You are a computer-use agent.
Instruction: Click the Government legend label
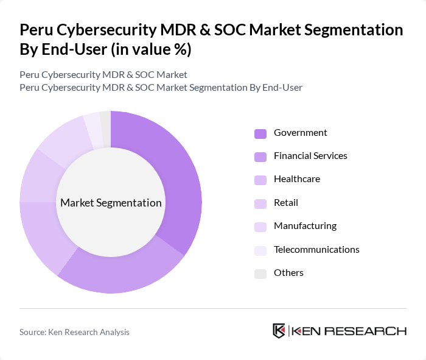pyautogui.click(x=300, y=133)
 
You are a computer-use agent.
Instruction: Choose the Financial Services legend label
pyautogui.click(x=310, y=156)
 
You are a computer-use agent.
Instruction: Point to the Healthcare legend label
pyautogui.click(x=296, y=179)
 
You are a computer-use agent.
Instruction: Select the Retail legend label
pyautogui.click(x=285, y=203)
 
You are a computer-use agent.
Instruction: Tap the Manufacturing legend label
pyautogui.click(x=305, y=226)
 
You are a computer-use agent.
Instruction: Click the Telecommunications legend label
pyautogui.click(x=316, y=250)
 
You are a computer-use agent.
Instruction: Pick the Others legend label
pyautogui.click(x=288, y=273)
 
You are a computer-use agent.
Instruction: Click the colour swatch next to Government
pyautogui.click(x=260, y=133)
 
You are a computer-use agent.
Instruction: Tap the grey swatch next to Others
pyautogui.click(x=260, y=274)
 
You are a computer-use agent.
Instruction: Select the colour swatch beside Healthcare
pyautogui.click(x=260, y=180)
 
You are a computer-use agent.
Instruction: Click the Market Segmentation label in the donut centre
pyautogui.click(x=111, y=203)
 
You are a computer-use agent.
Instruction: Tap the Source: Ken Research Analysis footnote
pyautogui.click(x=74, y=332)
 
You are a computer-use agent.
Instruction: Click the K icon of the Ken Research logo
pyautogui.click(x=279, y=331)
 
